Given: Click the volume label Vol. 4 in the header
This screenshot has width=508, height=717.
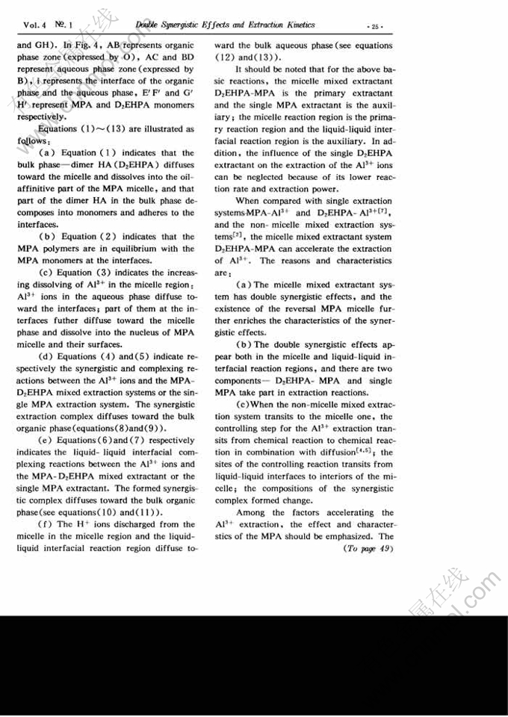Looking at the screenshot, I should pos(27,25).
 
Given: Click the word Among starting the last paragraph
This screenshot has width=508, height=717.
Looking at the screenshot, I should pos(251,512).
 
